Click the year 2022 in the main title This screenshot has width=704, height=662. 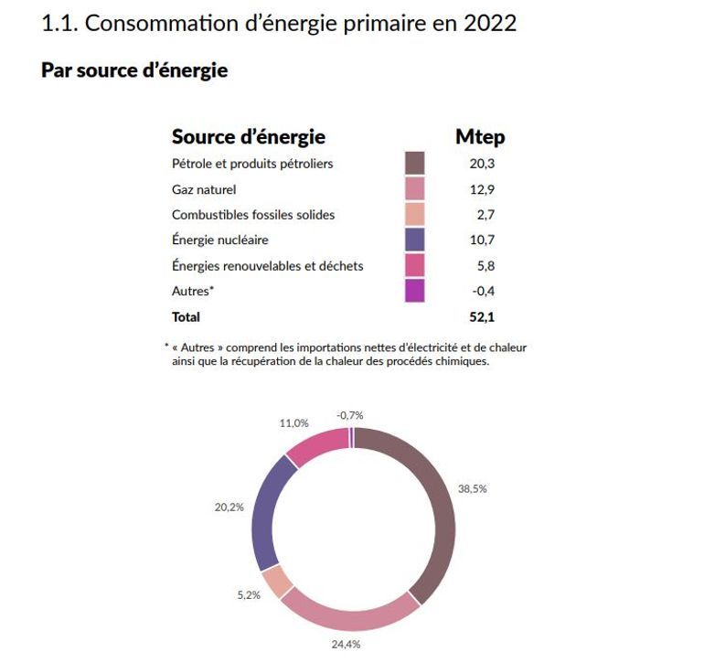tap(489, 23)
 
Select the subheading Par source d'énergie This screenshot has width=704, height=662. tap(134, 70)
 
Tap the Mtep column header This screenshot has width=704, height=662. tap(480, 137)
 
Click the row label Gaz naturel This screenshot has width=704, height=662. tap(204, 190)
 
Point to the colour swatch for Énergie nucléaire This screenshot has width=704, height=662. tap(415, 240)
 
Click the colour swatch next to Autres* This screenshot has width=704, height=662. tap(415, 291)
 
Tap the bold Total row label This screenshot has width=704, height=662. tap(186, 317)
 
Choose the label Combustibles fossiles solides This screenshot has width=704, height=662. tap(253, 215)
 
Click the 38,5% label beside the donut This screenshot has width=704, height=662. tap(473, 488)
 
